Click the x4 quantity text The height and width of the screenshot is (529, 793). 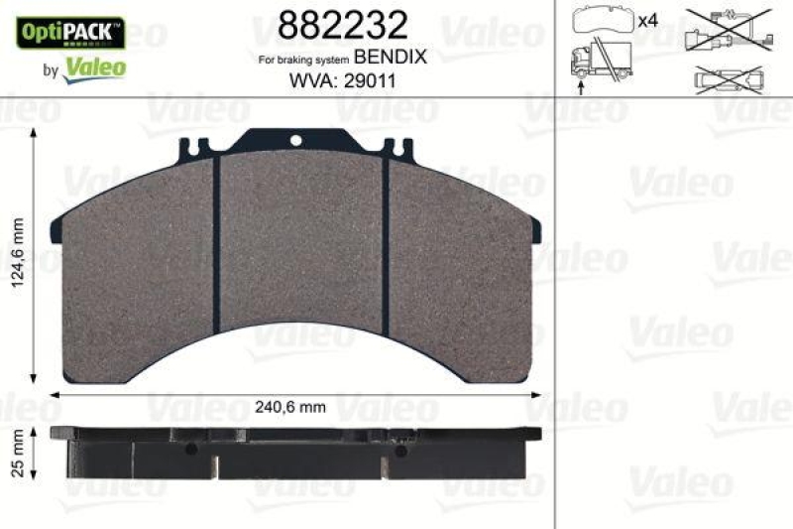(x=649, y=21)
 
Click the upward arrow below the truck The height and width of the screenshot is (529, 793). (x=579, y=87)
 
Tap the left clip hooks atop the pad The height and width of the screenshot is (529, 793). (x=195, y=149)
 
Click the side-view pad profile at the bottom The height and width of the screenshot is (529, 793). (x=296, y=453)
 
